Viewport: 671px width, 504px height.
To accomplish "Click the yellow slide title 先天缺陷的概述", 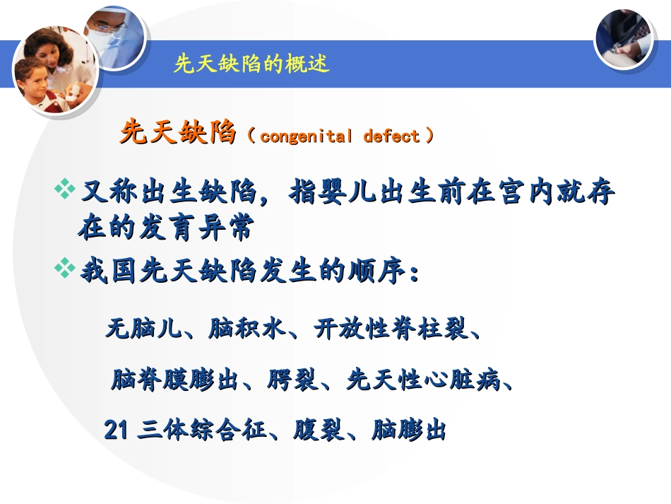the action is [x=251, y=64].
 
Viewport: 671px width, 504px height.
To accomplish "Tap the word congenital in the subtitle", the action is [x=307, y=136].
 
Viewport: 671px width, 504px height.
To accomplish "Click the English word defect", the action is [x=391, y=136].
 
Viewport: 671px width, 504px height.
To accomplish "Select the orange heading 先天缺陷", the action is [x=178, y=131].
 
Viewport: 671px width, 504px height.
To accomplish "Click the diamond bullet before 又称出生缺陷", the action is [x=65, y=189].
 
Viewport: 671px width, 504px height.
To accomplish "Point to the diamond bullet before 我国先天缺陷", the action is [x=65, y=268].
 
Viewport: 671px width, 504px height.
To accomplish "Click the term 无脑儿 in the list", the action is [x=143, y=329].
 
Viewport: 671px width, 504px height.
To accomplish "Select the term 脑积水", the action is [x=247, y=329].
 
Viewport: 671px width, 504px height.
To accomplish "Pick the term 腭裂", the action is [x=292, y=379].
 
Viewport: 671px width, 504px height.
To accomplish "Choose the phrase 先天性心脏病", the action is [x=423, y=379].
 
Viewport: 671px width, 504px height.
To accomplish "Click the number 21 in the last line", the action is [x=116, y=430].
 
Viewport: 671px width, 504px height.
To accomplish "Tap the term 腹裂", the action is [x=318, y=430].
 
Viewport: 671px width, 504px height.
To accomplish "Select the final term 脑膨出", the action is [x=409, y=430].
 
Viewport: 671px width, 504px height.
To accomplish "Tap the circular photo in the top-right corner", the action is [x=624, y=39].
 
